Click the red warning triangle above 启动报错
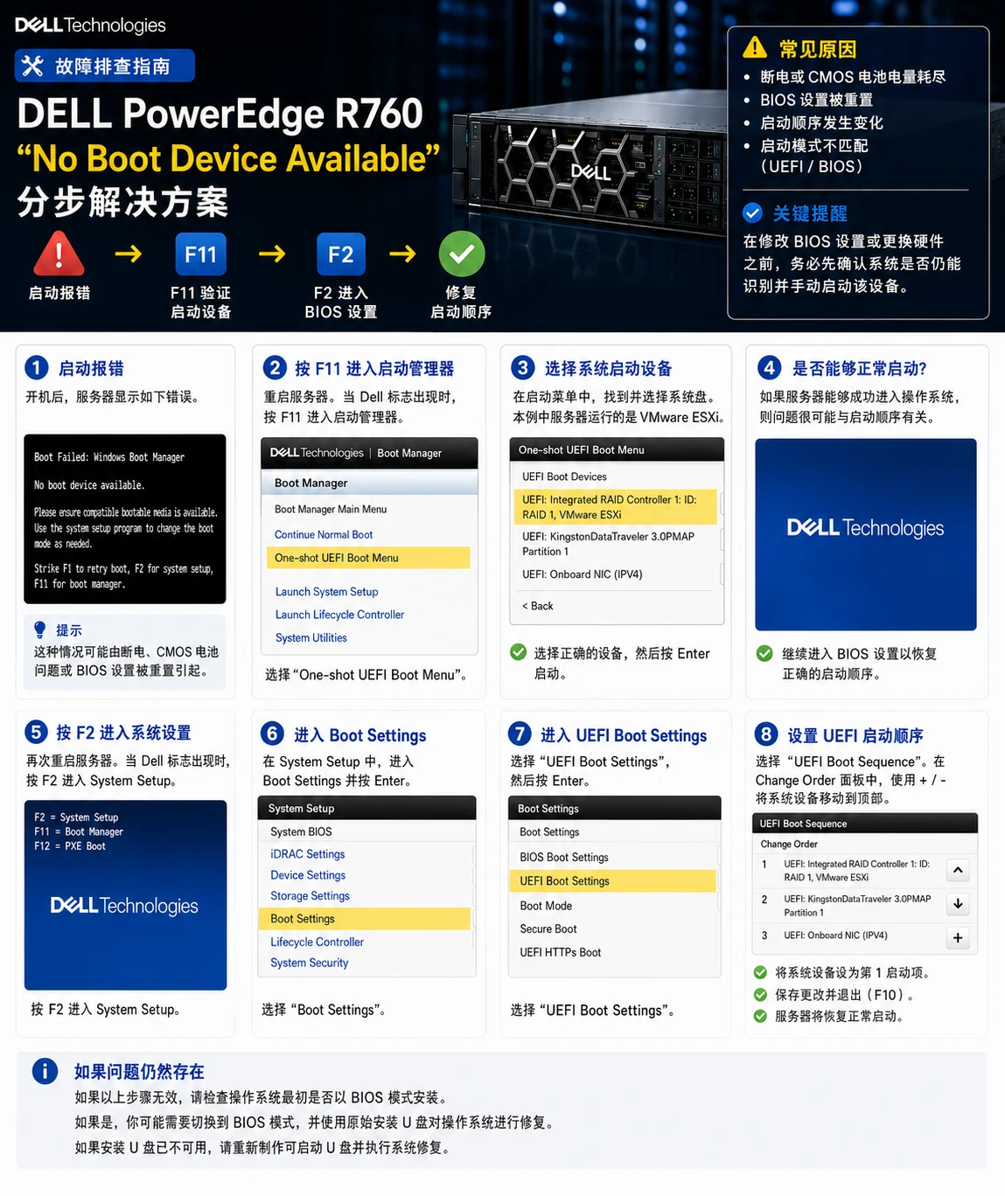point(59,254)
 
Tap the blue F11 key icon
point(200,254)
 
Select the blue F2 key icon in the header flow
point(341,254)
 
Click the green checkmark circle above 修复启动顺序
point(462,254)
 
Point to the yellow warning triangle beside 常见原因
point(755,47)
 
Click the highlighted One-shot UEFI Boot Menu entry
point(368,558)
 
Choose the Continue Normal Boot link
point(324,534)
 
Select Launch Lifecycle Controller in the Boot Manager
point(339,615)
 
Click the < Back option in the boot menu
point(537,606)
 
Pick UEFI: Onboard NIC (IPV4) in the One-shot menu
point(583,574)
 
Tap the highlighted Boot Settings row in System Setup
point(365,919)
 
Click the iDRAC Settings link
point(308,854)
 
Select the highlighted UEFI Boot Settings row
point(612,881)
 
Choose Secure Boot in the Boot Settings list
point(548,929)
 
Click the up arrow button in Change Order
point(958,870)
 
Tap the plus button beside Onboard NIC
point(958,938)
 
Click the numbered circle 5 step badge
point(36,732)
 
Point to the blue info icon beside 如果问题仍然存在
point(45,1071)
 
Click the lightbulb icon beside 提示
point(39,629)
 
